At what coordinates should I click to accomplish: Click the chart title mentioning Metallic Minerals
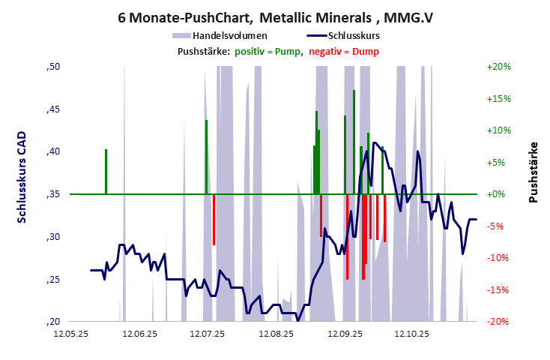275,16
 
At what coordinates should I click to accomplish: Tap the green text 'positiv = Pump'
268,51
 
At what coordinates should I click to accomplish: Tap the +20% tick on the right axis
498,67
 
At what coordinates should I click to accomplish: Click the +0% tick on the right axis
497,194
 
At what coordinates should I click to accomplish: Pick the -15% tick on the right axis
498,290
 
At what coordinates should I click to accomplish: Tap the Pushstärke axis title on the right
533,172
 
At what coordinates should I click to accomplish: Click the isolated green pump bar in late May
106,171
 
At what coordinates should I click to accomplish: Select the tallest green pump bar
354,142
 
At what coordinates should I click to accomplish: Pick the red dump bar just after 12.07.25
214,219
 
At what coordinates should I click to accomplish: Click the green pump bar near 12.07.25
206,156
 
